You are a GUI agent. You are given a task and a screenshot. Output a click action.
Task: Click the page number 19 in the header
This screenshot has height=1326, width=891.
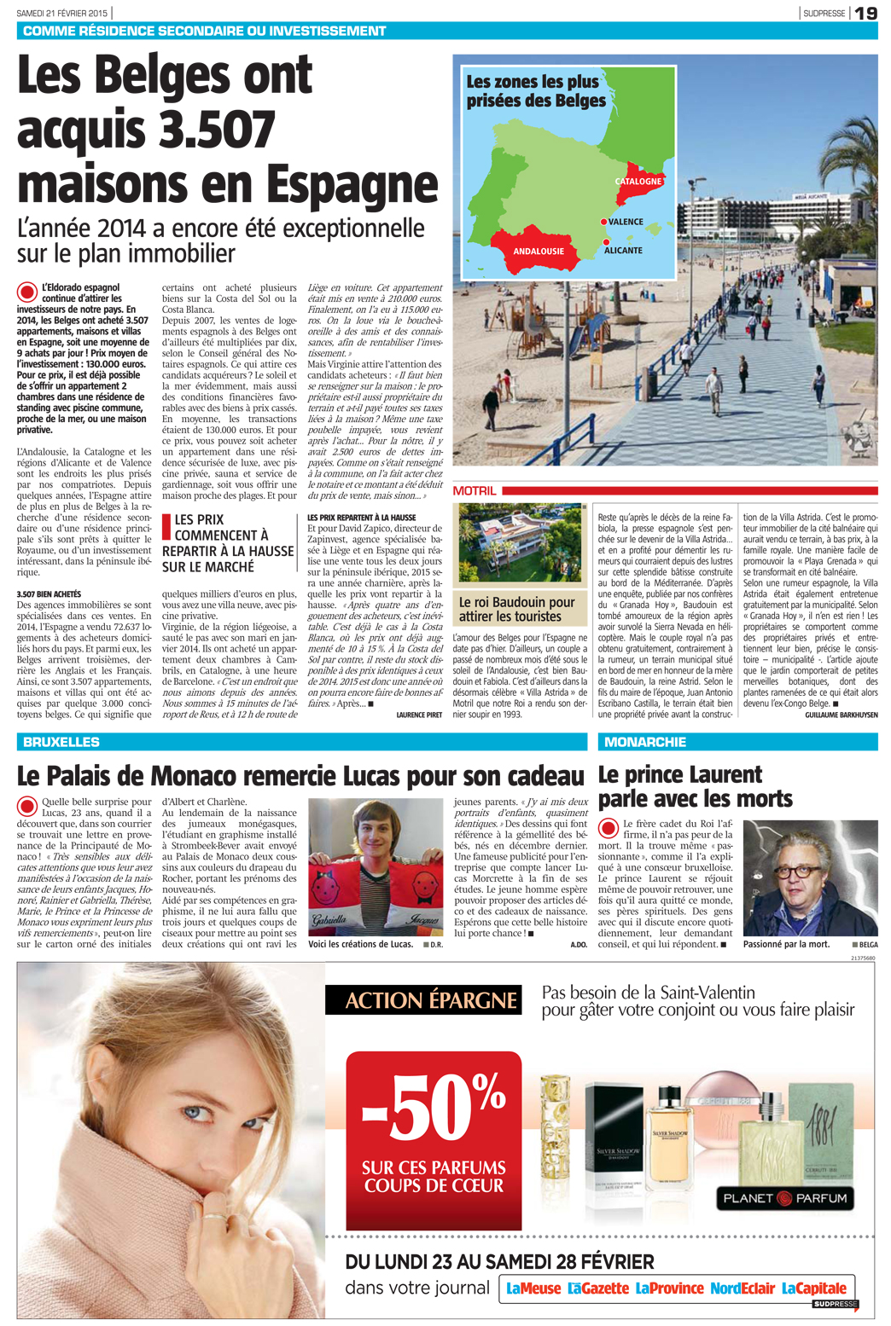pos(865,13)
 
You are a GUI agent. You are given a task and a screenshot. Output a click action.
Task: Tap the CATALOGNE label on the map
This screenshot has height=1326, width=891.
pos(638,182)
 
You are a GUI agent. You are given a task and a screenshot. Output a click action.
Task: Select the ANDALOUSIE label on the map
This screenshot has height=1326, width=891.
pos(539,252)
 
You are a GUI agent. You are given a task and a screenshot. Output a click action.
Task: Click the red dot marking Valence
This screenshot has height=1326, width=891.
pos(603,222)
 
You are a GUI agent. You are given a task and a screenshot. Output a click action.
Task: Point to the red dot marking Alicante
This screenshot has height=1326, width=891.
pos(606,242)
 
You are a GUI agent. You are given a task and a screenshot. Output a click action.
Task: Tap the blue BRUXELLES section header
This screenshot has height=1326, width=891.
pos(61,742)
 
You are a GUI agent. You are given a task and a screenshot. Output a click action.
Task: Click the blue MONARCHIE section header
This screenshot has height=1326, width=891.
pos(645,742)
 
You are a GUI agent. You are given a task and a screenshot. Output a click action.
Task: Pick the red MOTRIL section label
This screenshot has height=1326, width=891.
pos(475,491)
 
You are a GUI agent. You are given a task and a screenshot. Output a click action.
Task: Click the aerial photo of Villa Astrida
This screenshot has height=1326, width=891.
pos(520,542)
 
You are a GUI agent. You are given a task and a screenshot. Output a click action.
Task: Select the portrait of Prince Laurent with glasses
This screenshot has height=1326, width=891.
pos(810,878)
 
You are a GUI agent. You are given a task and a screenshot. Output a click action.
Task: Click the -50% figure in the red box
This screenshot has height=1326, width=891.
pos(434,1109)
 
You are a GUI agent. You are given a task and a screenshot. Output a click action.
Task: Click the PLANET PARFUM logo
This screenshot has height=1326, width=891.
pos(784,1198)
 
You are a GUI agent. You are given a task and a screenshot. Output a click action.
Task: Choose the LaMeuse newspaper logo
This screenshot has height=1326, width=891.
pos(533,1288)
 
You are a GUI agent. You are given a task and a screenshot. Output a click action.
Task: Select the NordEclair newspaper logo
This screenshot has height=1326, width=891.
pos(742,1288)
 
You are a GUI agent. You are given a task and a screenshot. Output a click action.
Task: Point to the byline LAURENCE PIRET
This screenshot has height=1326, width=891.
pos(419,715)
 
